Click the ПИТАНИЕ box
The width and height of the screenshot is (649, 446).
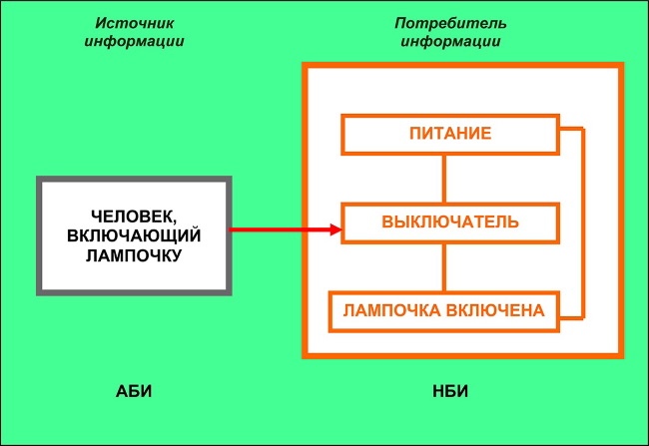coord(450,134)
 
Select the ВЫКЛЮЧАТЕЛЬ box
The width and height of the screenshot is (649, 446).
coord(450,222)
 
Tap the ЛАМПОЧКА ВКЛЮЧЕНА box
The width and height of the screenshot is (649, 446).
coord(444,310)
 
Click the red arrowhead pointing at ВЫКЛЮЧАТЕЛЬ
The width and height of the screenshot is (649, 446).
coord(335,230)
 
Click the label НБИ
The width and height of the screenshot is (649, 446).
coord(451,390)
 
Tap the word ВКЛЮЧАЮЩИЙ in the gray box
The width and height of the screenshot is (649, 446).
coord(135,235)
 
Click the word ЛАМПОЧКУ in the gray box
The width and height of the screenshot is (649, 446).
coord(135,255)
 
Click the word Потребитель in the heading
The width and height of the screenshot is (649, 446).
coord(451,23)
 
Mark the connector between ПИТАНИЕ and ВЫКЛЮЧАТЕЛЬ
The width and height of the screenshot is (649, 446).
coord(443,179)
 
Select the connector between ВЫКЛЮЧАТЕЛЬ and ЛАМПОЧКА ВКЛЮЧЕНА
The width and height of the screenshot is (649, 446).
coord(443,266)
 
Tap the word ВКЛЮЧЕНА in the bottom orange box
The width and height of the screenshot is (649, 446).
coord(496,310)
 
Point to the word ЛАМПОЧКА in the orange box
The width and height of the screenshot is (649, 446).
coord(392,310)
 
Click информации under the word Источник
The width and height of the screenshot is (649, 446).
coord(133,42)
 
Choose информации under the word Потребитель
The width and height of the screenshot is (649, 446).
coord(451,42)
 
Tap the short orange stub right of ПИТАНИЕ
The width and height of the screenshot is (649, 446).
coord(571,130)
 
